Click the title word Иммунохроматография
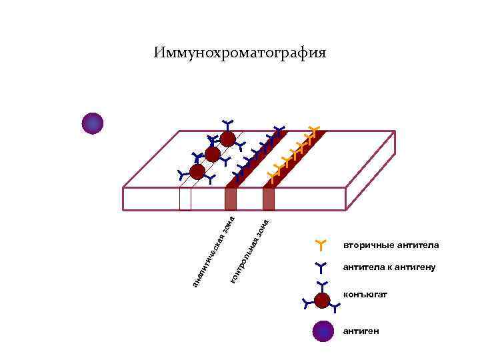coord(240,53)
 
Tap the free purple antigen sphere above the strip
coord(93,123)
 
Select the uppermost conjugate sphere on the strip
coord(228,139)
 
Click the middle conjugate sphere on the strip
coord(213,155)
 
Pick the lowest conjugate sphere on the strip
coord(197,171)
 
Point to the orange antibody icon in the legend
coord(321,245)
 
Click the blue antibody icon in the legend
coord(321,268)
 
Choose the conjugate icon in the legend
coord(323,301)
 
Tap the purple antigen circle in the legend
coord(323,331)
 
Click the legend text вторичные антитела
coord(391,245)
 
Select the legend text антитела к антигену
coord(389,268)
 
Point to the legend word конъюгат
coord(366,294)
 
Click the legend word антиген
coord(362,331)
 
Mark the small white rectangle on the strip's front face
coord(185,199)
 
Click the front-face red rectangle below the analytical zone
coord(231,199)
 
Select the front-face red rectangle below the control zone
coord(269,199)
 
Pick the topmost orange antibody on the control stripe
coord(314,129)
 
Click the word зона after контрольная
coord(263,227)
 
